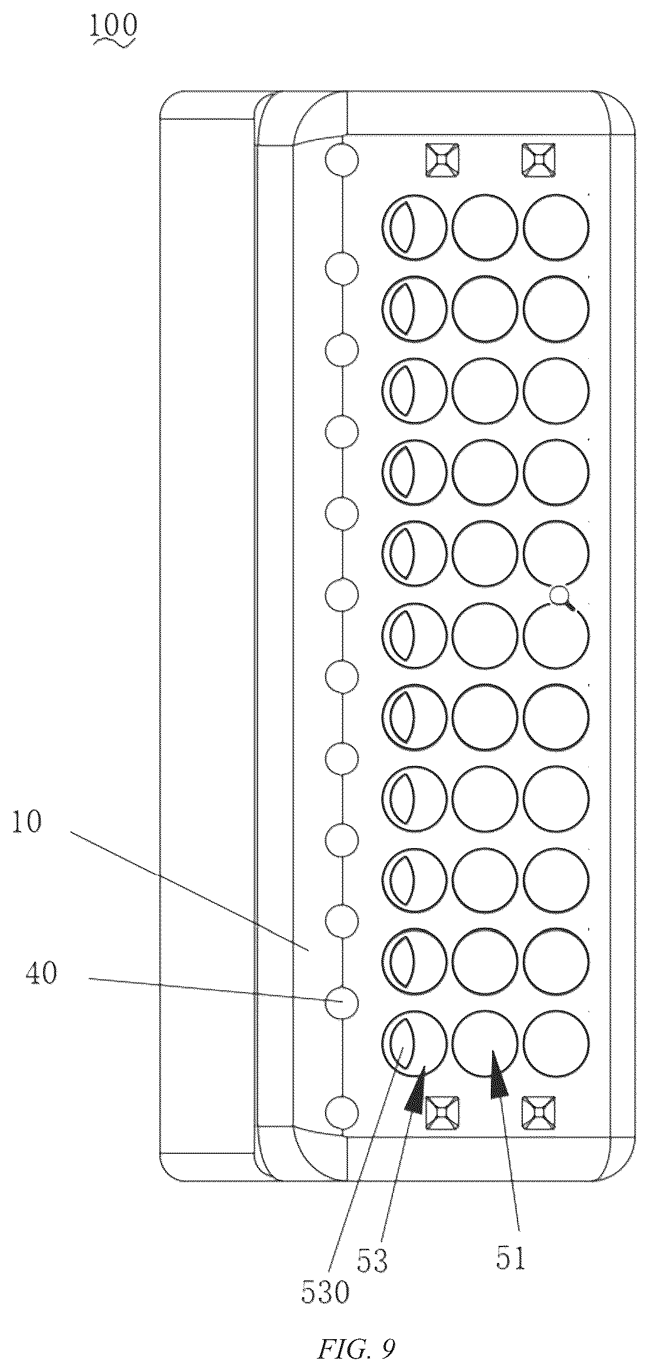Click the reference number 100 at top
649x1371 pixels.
click(x=114, y=26)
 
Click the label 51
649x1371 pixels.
click(x=511, y=1257)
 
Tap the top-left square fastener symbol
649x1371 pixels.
click(x=442, y=159)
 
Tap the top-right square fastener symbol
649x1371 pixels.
click(x=539, y=159)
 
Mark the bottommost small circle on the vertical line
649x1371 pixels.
click(x=342, y=1111)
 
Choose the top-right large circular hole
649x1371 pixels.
click(x=556, y=227)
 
